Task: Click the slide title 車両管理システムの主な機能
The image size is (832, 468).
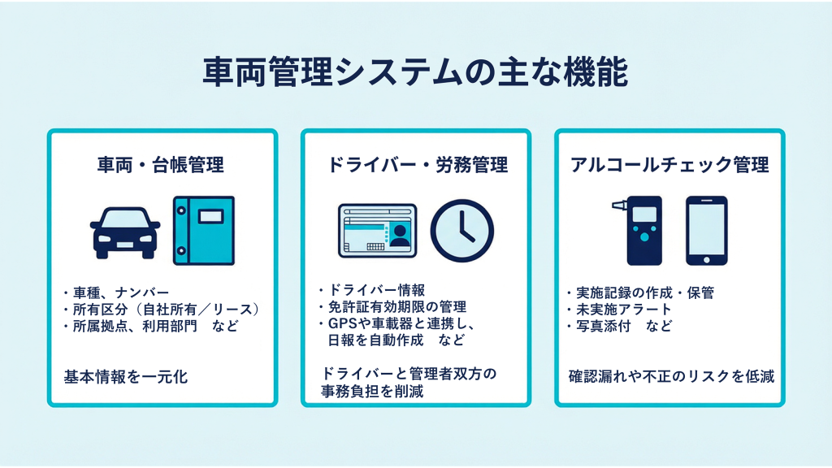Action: coord(415,71)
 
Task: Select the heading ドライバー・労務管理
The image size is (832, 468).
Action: coord(418,165)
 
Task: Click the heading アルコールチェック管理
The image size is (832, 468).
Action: coord(670,165)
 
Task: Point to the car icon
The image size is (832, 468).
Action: coord(124,231)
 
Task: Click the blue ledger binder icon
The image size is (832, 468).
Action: coord(203,230)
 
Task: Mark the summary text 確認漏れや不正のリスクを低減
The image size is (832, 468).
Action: coord(670,377)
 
